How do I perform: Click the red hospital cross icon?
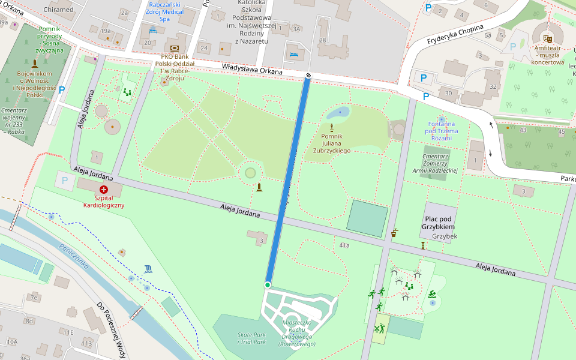[x=103, y=189]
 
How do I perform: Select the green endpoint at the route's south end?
[x=268, y=284]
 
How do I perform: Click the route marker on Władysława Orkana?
[x=308, y=75]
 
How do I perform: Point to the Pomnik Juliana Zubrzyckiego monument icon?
[x=331, y=127]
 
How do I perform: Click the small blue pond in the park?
[x=340, y=112]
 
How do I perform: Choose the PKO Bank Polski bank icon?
[x=175, y=47]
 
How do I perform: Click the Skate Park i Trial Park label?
[x=251, y=338]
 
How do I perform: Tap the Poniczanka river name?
[x=74, y=256]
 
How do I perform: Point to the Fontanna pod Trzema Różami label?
[x=441, y=131]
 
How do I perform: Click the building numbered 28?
[x=322, y=40]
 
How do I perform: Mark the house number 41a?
[x=344, y=245]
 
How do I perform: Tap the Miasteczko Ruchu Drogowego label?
[x=298, y=333]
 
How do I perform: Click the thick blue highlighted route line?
[x=288, y=180]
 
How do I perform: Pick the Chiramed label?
[x=58, y=10]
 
